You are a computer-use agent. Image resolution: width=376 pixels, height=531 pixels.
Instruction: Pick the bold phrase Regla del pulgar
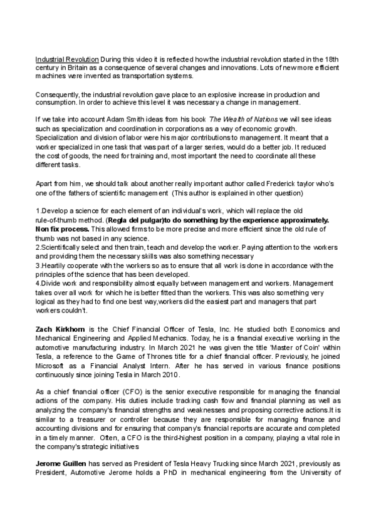click(144, 221)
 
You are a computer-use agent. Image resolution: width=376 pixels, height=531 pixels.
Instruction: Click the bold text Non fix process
click(60, 229)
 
